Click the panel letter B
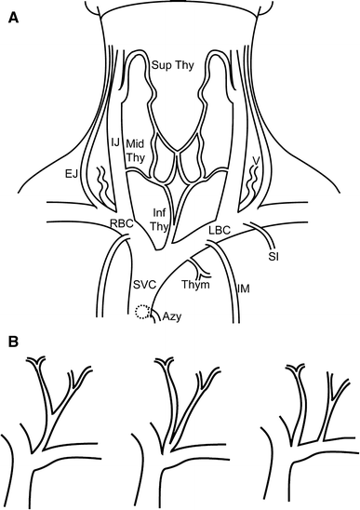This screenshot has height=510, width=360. click(x=13, y=342)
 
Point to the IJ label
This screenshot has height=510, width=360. click(x=116, y=141)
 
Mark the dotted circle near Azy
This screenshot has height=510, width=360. click(x=142, y=312)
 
